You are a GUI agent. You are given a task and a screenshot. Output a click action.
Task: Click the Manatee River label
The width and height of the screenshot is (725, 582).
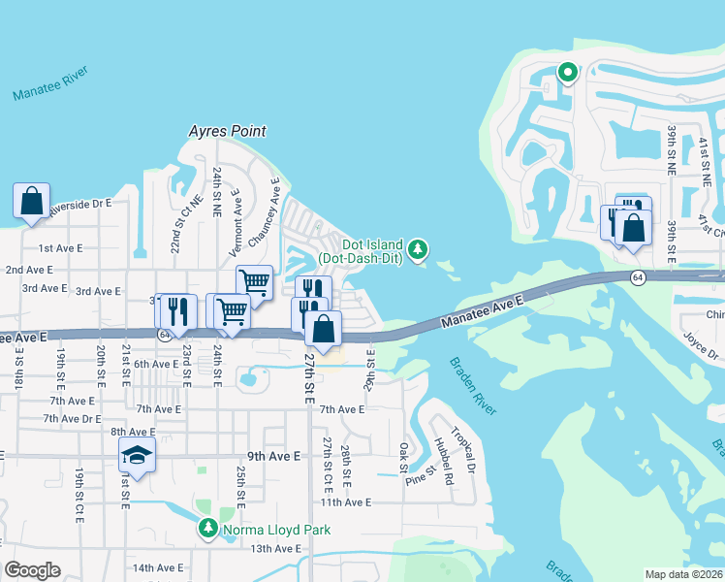point(50,84)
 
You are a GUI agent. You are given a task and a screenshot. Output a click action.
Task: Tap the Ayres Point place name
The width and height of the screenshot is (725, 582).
point(227,131)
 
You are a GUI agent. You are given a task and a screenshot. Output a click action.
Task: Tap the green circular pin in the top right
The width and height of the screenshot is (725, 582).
point(566,72)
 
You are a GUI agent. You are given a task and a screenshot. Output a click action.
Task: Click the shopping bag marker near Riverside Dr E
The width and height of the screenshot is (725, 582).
point(31,202)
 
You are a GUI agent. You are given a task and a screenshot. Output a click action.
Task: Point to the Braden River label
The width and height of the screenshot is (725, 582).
point(473,386)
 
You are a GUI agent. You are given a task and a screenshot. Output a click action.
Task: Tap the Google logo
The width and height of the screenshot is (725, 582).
point(32,570)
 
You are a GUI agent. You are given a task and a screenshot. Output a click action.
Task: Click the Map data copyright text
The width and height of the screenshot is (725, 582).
point(683,574)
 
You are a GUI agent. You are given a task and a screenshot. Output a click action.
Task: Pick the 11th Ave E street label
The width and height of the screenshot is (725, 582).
point(346,501)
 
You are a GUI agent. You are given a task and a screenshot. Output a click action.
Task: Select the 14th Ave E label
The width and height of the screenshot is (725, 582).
point(159,567)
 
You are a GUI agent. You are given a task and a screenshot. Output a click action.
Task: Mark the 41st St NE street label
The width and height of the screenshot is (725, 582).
point(705,161)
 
